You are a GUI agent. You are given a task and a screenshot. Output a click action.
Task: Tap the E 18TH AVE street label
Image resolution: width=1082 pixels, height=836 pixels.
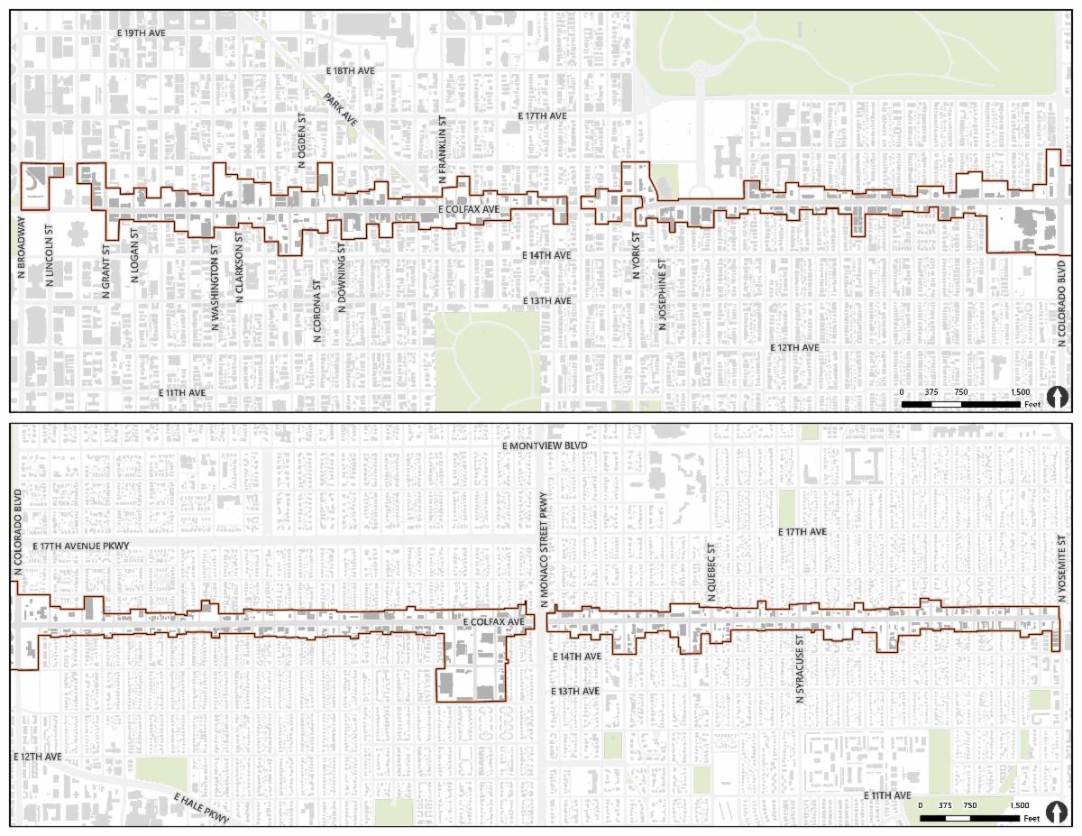click(x=350, y=70)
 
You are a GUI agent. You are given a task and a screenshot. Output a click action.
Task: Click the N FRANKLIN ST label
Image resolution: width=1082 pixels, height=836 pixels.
click(x=443, y=150)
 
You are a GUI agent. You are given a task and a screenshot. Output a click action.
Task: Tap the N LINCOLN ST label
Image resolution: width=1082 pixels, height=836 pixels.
click(x=50, y=256)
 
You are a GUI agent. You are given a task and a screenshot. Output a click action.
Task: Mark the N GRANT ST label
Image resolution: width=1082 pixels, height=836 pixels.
click(x=106, y=268)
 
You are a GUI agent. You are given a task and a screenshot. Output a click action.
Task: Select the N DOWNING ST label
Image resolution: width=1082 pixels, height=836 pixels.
click(x=341, y=277)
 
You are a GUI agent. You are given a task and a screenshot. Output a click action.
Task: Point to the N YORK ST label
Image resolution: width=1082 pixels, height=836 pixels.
click(x=636, y=255)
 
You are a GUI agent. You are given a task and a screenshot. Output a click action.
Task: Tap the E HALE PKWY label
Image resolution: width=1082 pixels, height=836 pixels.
click(x=201, y=807)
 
